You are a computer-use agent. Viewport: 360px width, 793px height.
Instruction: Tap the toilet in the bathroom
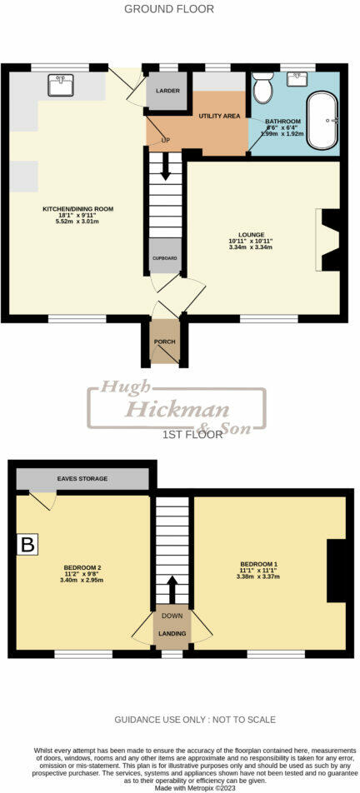pyautogui.click(x=263, y=87)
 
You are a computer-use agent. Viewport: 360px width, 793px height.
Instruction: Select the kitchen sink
pyautogui.click(x=59, y=85)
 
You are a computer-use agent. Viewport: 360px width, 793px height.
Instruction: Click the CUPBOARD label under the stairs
pyautogui.click(x=164, y=258)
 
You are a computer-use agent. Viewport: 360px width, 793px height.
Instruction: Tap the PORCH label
pyautogui.click(x=164, y=342)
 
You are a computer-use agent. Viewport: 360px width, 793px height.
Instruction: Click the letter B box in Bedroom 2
pyautogui.click(x=28, y=546)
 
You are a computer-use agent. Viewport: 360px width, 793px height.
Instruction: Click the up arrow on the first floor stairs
pyautogui.click(x=172, y=590)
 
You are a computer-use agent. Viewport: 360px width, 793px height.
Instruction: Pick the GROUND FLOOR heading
pyautogui.click(x=169, y=9)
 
